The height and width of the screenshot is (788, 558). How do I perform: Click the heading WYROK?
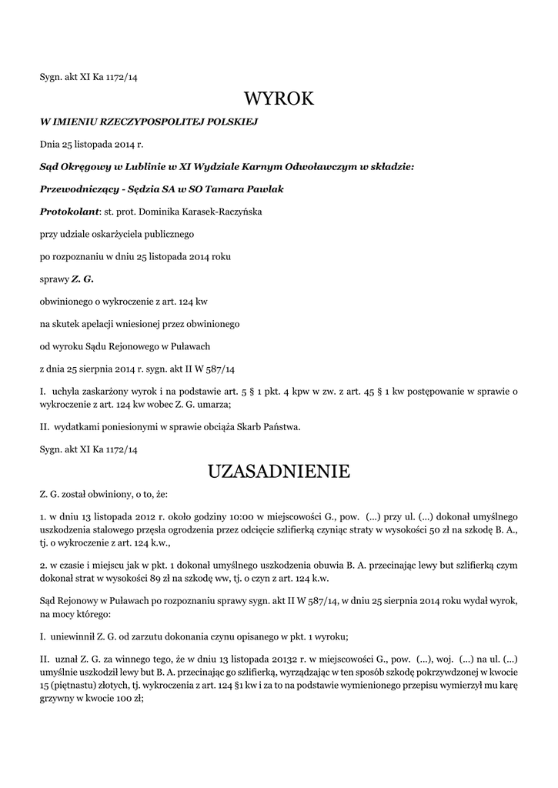279,98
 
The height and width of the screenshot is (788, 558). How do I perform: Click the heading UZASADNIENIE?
279,470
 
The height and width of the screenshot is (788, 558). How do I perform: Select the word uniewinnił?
74,636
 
